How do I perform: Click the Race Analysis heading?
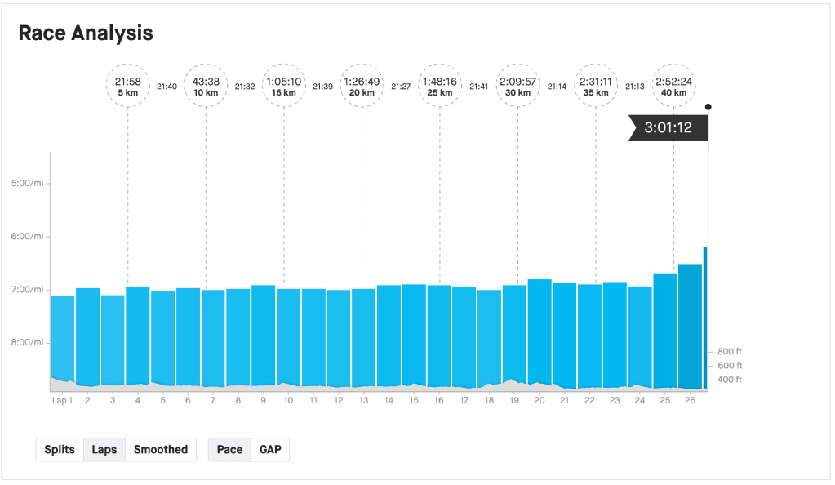click(86, 33)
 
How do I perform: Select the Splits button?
click(60, 450)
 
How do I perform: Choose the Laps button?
click(104, 450)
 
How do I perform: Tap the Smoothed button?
click(161, 450)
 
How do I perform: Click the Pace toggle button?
click(229, 450)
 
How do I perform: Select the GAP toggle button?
click(269, 450)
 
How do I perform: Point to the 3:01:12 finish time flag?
click(668, 127)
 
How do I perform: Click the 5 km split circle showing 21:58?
click(128, 86)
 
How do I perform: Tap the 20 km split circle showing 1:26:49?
click(362, 86)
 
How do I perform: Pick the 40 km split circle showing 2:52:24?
click(673, 86)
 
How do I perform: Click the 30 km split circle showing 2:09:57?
click(518, 86)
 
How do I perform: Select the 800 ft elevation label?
click(730, 351)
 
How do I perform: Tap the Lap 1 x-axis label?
click(62, 400)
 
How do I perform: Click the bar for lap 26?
click(690, 327)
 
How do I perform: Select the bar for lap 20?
click(539, 335)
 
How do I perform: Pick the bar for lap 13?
click(363, 339)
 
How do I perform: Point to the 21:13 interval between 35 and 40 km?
click(634, 87)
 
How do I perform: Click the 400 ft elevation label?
click(730, 380)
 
